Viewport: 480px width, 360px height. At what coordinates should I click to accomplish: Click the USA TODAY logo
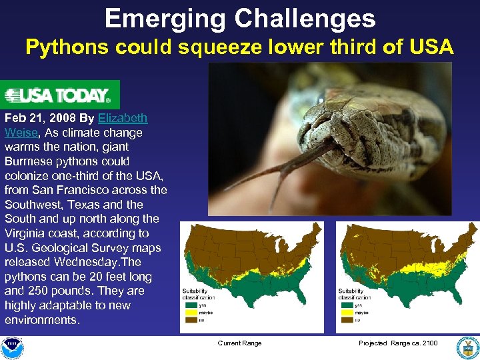click(60, 95)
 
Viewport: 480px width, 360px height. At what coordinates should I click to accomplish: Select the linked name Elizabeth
click(123, 118)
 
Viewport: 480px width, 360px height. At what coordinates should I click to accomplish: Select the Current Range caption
click(239, 343)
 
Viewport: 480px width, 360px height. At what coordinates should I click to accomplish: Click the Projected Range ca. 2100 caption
click(398, 343)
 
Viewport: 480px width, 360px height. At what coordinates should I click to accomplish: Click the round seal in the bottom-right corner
click(466, 347)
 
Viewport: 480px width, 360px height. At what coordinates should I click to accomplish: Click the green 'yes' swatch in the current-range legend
click(193, 305)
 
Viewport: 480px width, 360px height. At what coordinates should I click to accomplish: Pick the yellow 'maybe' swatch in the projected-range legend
click(347, 312)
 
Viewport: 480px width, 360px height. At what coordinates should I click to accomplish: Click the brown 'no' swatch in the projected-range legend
click(347, 320)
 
